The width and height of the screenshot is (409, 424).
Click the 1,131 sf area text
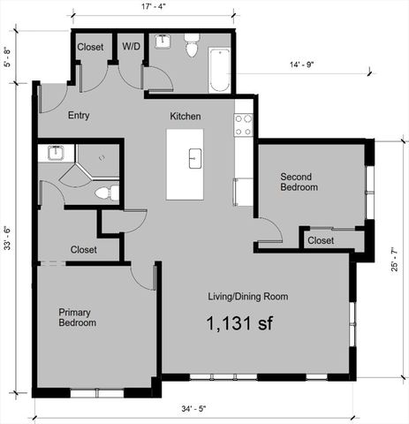(x=239, y=322)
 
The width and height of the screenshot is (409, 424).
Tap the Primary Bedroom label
(x=79, y=317)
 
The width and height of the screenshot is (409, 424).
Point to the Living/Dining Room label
(x=247, y=296)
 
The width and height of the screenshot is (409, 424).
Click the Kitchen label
(x=186, y=116)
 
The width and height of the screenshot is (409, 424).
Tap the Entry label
(x=79, y=116)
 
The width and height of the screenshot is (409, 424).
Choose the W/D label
(x=131, y=46)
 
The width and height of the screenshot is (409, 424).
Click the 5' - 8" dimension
(x=8, y=58)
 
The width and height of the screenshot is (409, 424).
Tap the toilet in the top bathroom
(x=191, y=49)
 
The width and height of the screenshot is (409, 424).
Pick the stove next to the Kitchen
(x=244, y=125)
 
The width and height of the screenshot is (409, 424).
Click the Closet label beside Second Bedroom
(x=321, y=239)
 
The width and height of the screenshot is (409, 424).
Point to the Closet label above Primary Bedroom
(x=83, y=249)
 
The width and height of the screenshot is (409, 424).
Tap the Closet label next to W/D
(x=90, y=46)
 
